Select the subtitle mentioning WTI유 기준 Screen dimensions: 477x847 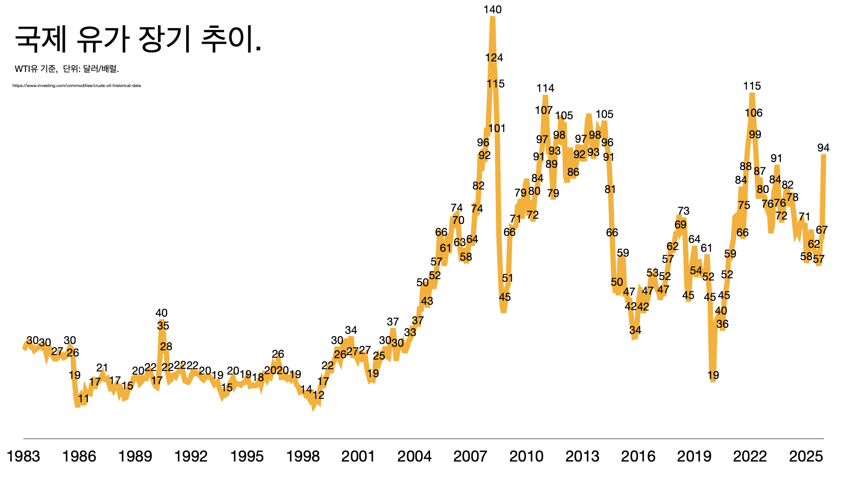(67, 69)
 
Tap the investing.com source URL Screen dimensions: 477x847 (77, 86)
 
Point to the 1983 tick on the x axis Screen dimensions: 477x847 (23, 456)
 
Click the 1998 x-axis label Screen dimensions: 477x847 (303, 456)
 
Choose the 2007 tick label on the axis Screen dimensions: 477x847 (470, 456)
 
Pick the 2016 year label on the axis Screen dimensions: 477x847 (638, 456)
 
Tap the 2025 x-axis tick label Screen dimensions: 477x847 (806, 456)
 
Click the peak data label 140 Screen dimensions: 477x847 (492, 10)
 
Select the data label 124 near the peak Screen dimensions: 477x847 (494, 58)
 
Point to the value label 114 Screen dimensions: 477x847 (545, 88)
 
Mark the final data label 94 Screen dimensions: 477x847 (823, 148)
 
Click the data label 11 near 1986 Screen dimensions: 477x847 (83, 399)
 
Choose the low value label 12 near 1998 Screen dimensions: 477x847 (319, 395)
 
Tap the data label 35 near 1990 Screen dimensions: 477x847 (163, 326)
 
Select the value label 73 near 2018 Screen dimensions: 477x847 (683, 211)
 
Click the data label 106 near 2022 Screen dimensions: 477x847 (753, 113)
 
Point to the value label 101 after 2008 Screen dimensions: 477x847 (497, 129)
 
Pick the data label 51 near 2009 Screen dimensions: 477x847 (508, 278)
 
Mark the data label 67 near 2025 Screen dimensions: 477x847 (822, 230)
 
